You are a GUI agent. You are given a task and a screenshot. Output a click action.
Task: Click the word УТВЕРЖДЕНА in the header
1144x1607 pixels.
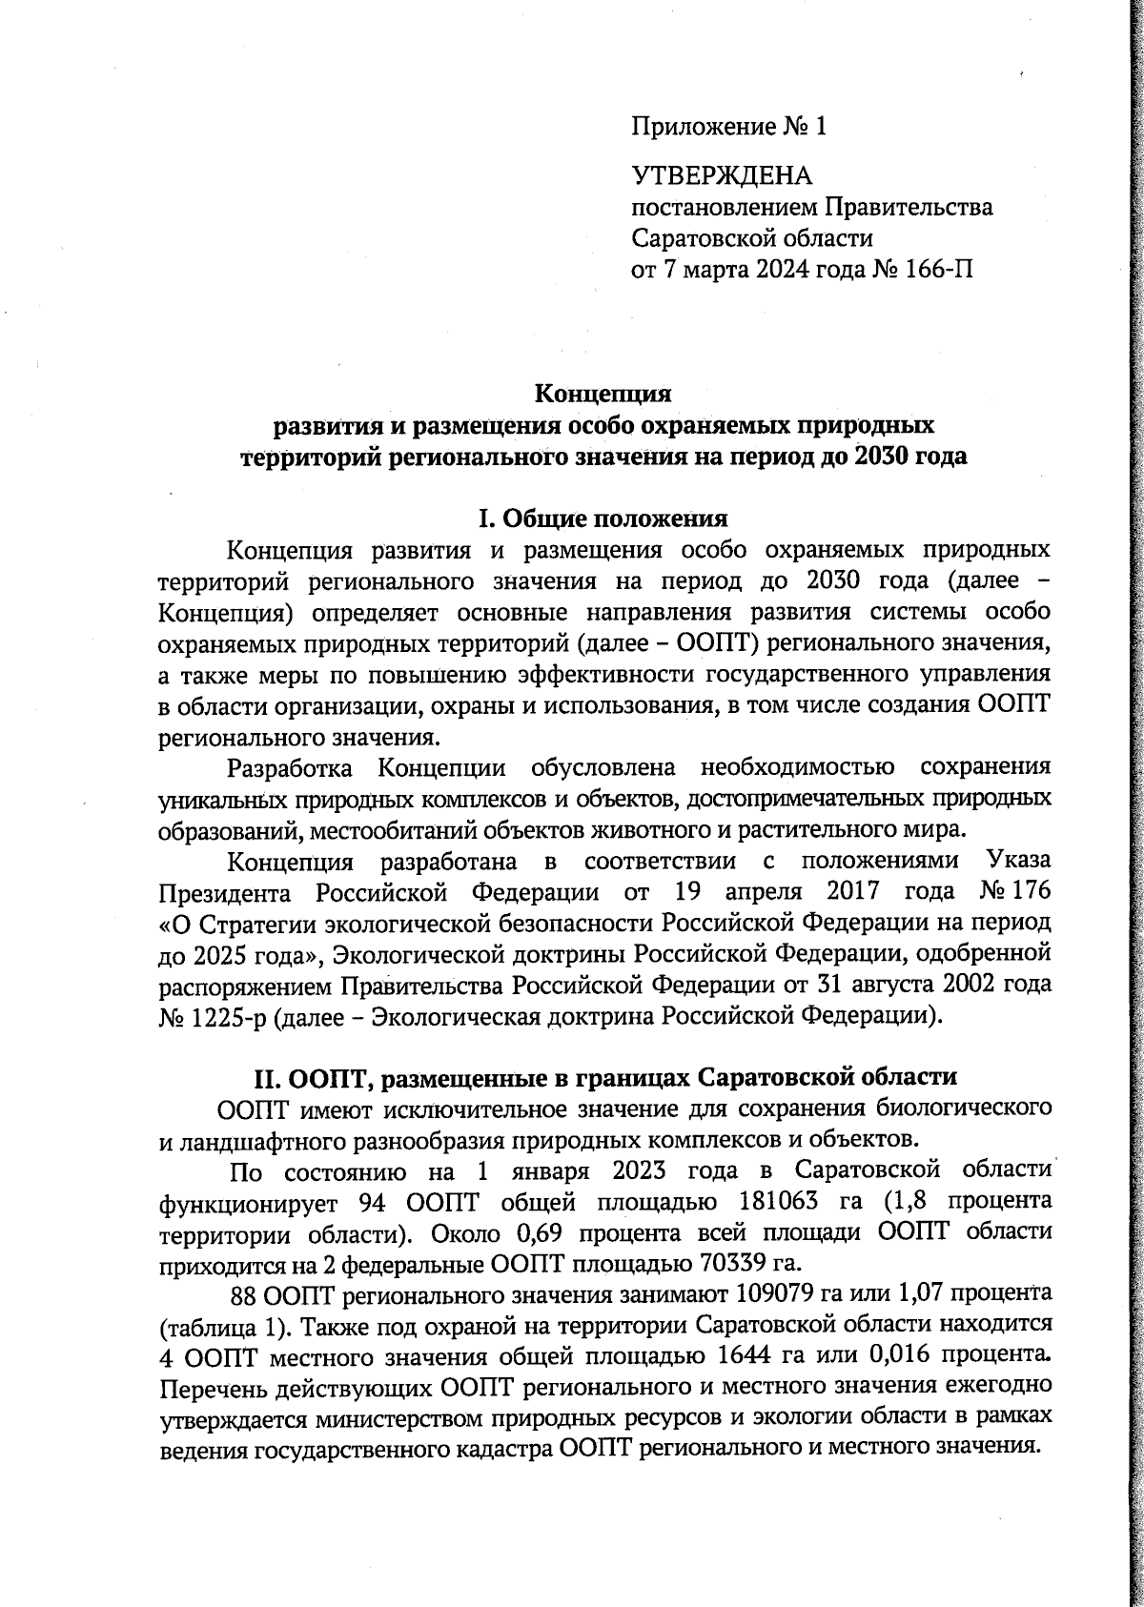[721, 175]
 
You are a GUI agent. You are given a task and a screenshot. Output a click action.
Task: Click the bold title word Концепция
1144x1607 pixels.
[603, 393]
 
